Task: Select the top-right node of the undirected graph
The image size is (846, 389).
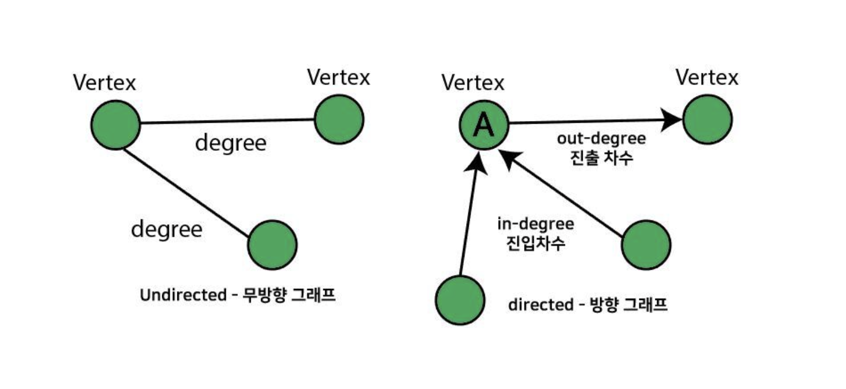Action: [339, 119]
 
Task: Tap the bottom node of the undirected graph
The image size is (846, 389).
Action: [272, 244]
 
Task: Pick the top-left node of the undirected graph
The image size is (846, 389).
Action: [115, 125]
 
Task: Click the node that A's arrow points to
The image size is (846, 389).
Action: [707, 119]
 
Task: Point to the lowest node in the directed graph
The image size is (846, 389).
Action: [460, 299]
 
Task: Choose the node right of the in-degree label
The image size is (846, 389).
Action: [646, 244]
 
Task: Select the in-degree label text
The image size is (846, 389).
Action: [535, 225]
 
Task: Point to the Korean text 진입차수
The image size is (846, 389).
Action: [535, 244]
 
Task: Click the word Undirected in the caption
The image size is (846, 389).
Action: [179, 295]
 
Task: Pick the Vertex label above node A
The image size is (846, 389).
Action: [473, 83]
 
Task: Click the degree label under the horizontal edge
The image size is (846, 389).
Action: [231, 144]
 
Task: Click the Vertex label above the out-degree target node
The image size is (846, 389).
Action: [707, 78]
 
